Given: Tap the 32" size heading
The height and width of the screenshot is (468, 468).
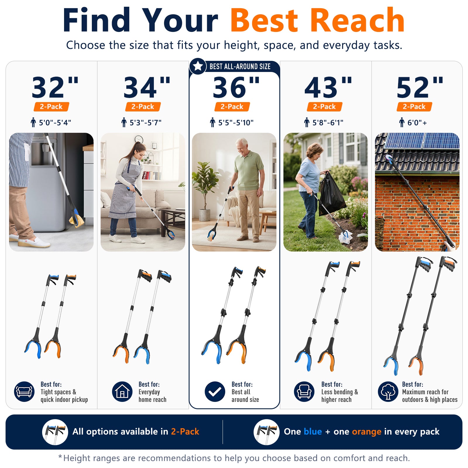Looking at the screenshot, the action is (55, 87).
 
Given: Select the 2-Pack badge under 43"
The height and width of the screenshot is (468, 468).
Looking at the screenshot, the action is (324, 107).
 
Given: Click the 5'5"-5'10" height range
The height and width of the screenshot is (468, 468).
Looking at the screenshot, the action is (232, 123).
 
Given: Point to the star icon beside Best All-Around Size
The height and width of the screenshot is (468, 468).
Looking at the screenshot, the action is (198, 66).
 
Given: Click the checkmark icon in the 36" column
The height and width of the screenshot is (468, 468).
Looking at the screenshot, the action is (215, 392).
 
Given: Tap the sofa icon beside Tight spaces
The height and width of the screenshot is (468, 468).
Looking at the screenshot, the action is (24, 392).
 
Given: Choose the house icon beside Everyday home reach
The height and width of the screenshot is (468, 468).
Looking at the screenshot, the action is (122, 392).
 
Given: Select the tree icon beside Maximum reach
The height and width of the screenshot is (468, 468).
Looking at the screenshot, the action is (388, 392).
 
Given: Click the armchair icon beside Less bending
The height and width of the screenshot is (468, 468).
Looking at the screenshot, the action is (304, 392).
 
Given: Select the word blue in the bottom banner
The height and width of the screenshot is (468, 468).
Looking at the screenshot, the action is (313, 431).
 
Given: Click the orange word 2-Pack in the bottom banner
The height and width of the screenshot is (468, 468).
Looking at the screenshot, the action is (185, 431).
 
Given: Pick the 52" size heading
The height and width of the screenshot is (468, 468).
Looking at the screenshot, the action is (420, 87).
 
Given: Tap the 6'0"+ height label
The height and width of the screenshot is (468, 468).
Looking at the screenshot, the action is (414, 123).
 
